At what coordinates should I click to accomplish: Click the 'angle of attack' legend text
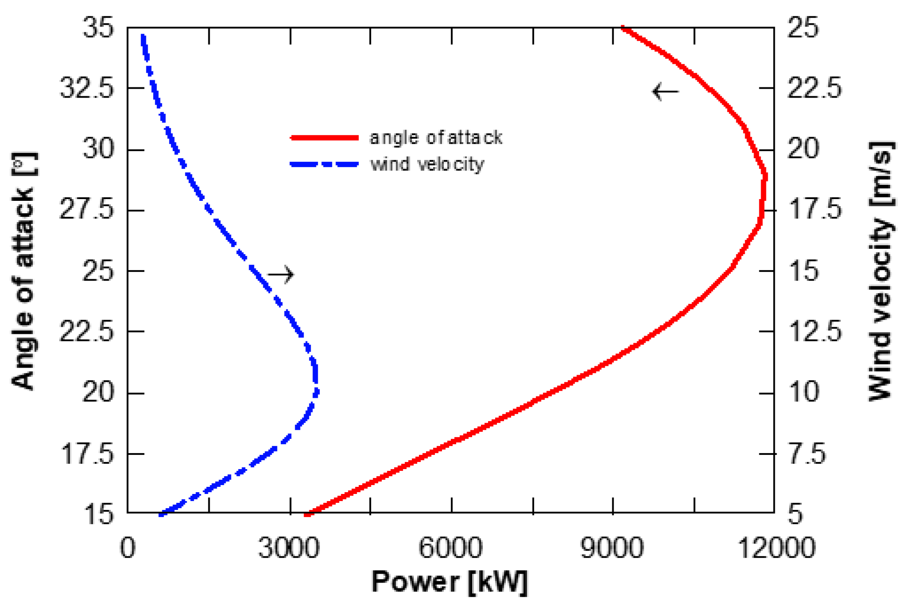point(436,138)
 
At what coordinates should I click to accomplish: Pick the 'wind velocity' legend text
point(427,165)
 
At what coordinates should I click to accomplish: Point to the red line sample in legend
point(324,138)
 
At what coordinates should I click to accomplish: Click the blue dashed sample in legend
point(324,165)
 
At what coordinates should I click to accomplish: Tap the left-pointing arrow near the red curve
point(665,92)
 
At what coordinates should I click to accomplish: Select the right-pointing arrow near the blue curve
point(281,274)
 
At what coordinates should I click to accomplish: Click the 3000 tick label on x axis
point(289,548)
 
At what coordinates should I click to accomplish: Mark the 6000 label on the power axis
point(450,548)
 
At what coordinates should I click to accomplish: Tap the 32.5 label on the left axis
point(87,88)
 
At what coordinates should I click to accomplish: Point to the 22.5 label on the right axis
point(814,88)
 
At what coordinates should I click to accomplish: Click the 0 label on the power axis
point(128,548)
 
